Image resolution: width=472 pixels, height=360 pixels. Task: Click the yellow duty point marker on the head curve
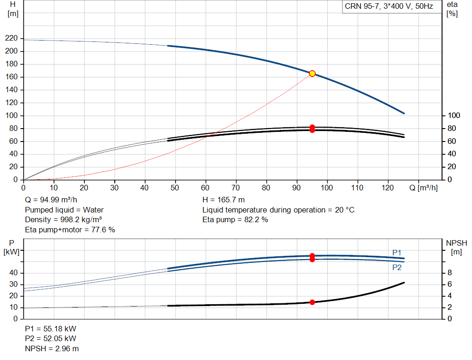(312, 73)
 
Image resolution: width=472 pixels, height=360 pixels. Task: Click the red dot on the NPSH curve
(312, 302)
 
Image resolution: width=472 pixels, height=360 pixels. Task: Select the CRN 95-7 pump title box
(389, 6)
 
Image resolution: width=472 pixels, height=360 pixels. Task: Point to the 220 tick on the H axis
(12, 38)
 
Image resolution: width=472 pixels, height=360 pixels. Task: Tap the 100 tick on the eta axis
(454, 116)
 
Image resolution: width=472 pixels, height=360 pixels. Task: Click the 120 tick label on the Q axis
(388, 188)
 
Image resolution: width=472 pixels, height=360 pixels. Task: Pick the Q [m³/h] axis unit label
(423, 188)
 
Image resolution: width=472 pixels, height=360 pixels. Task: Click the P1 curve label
(397, 253)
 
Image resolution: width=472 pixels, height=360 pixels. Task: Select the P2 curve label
(397, 268)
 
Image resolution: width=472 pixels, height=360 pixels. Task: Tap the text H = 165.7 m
(224, 200)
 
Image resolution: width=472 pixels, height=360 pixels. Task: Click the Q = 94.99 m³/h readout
(51, 200)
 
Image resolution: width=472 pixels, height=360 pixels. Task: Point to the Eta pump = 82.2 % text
(235, 220)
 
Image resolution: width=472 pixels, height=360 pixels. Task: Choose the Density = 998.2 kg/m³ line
(63, 220)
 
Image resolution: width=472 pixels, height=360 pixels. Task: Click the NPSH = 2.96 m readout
(52, 348)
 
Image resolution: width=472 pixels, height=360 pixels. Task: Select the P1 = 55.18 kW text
(51, 329)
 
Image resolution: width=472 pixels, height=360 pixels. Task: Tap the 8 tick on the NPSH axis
(449, 273)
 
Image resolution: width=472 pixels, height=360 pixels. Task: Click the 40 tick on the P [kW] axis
(13, 273)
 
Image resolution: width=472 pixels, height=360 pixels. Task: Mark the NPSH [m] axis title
(456, 248)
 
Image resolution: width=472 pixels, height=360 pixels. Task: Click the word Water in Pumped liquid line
(93, 210)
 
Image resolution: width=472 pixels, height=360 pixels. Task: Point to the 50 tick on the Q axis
(175, 188)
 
